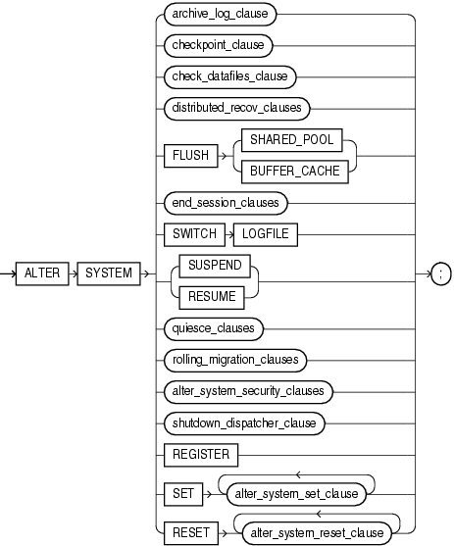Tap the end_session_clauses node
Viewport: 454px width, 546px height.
tap(225, 203)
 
